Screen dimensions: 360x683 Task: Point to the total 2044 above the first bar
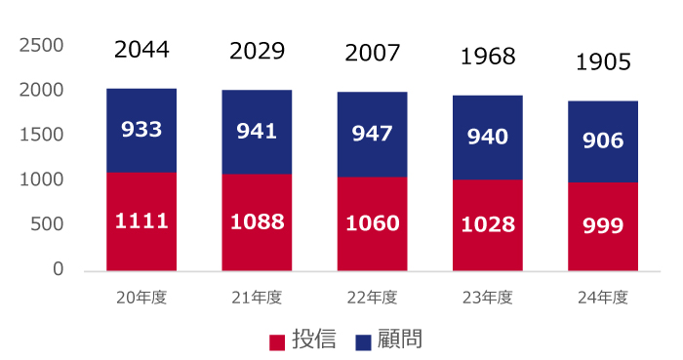(141, 50)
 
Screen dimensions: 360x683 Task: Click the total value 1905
(603, 62)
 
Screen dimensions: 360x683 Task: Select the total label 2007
(372, 52)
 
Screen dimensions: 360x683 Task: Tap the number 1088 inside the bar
(257, 221)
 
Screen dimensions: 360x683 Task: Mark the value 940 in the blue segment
(487, 138)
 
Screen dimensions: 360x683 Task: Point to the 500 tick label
(47, 224)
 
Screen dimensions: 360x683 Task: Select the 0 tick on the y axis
(58, 269)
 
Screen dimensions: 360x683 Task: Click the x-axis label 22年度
(372, 298)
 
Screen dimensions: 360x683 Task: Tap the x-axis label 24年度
(602, 298)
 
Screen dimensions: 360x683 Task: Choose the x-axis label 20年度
(141, 298)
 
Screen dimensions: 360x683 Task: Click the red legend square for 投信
(277, 341)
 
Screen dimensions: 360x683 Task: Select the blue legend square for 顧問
(363, 341)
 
